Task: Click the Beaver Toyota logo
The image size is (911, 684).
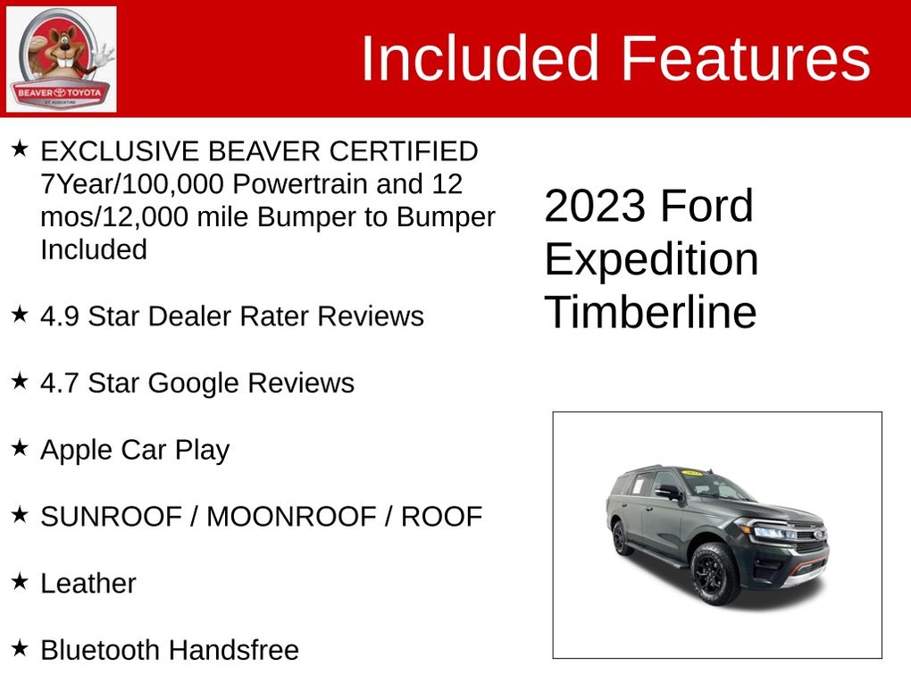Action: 61,59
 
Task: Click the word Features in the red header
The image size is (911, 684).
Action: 746,58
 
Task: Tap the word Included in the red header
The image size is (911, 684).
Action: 480,58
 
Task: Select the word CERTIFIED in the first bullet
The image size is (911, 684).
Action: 404,151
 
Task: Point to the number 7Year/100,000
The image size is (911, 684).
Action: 132,184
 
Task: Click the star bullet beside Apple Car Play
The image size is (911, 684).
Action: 20,447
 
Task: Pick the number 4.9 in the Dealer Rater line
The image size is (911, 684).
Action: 59,317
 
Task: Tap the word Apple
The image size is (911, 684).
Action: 77,451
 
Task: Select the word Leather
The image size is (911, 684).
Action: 88,583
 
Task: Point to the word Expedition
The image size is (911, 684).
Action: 651,260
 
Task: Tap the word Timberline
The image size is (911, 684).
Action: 651,312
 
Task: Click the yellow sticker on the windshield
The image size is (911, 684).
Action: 692,472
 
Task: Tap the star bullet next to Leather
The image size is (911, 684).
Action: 20,581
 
